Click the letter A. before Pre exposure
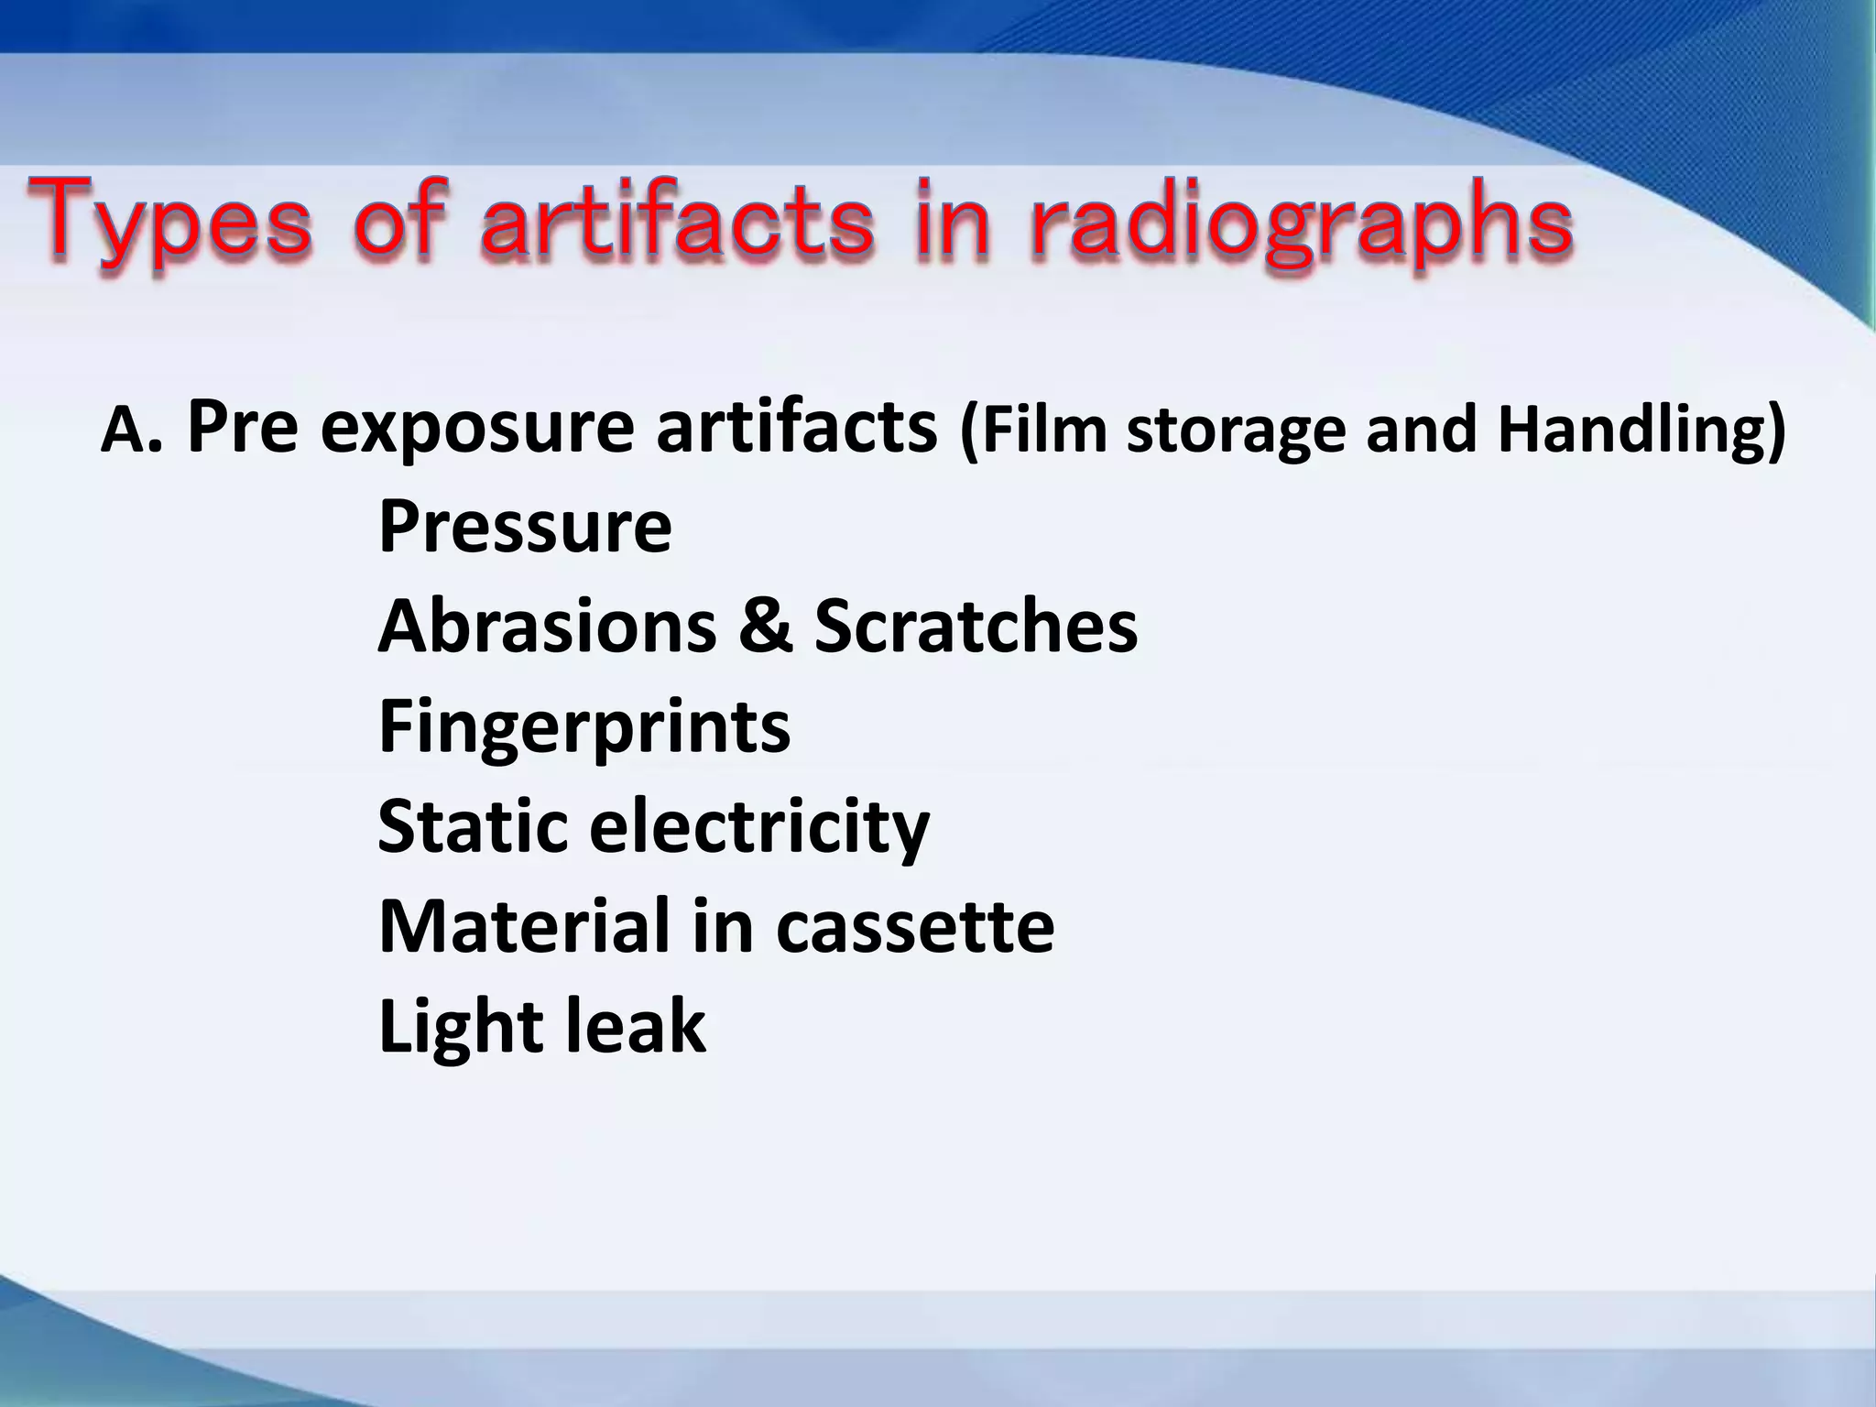[x=131, y=431]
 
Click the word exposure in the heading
[x=476, y=429]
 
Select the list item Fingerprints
[x=584, y=726]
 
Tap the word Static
[x=473, y=825]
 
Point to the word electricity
[x=758, y=827]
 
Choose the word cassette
[x=915, y=927]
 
